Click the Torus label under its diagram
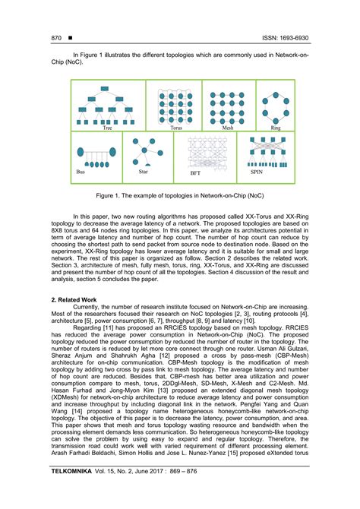pyautogui.click(x=176, y=129)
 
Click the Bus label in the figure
pyautogui.click(x=80, y=172)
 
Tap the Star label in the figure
pyautogui.click(x=143, y=172)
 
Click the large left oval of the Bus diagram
pyautogui.click(x=80, y=152)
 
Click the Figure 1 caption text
pyautogui.click(x=180, y=194)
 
